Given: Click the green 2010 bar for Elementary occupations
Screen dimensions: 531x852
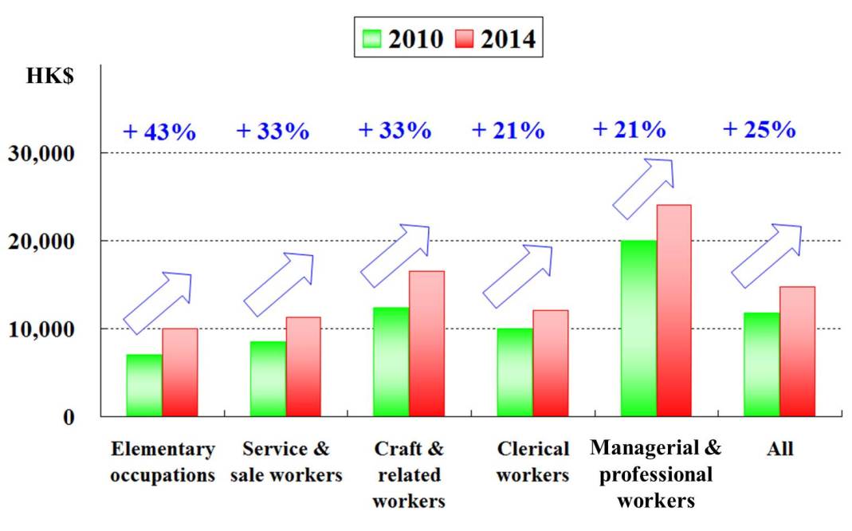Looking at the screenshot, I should [144, 385].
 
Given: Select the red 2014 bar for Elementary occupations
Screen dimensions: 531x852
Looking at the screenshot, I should [180, 372].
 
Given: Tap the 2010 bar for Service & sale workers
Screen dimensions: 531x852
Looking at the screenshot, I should [268, 379].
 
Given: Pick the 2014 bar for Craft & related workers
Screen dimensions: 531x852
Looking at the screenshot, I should [427, 344].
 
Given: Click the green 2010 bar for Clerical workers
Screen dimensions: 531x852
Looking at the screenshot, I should [515, 372].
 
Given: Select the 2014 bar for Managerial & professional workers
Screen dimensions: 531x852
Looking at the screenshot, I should [673, 311].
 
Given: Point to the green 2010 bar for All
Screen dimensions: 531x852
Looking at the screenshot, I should [761, 364].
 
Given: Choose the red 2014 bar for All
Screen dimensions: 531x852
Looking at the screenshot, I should [797, 352].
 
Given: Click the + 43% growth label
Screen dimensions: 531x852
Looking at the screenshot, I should [159, 132].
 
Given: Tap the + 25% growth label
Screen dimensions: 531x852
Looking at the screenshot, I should [759, 129].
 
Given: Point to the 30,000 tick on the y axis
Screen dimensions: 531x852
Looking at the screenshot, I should [51, 153].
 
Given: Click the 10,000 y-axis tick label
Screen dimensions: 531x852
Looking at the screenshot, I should [51, 328].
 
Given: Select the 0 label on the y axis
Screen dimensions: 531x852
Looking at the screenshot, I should [69, 417].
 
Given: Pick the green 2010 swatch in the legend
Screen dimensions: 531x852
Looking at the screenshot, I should [372, 38].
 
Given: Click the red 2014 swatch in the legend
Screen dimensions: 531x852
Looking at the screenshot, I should [465, 38].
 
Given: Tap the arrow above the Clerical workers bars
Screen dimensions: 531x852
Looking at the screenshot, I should [518, 276].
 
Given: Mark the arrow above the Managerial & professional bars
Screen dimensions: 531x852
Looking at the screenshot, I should [643, 188].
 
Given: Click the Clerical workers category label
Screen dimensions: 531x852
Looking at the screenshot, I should [532, 462].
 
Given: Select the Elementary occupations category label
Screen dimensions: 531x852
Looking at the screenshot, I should [163, 462].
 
